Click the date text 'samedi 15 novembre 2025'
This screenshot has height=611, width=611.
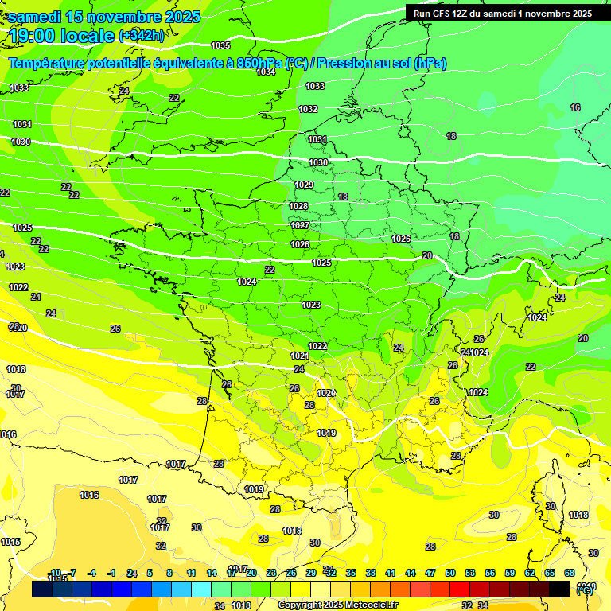pyautogui.click(x=105, y=17)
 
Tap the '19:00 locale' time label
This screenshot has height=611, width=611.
pyautogui.click(x=62, y=35)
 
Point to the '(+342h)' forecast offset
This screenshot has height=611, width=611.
pyautogui.click(x=142, y=36)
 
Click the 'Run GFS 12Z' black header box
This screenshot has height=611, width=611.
pyautogui.click(x=499, y=14)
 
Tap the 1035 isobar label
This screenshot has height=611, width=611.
pyautogui.click(x=220, y=45)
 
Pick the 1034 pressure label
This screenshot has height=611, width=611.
pyautogui.click(x=266, y=72)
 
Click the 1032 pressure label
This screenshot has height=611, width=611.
pyautogui.click(x=308, y=109)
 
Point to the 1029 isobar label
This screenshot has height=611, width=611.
pyautogui.click(x=304, y=185)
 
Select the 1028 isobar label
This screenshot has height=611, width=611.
pyautogui.click(x=298, y=206)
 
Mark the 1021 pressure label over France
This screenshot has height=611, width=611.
pyautogui.click(x=299, y=356)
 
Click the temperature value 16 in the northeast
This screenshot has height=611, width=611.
pyautogui.click(x=575, y=107)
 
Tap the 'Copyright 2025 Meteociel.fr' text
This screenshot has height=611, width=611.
pyautogui.click(x=338, y=605)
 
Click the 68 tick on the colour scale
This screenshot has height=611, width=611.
pyautogui.click(x=570, y=573)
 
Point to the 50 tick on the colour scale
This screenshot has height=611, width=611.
pyautogui.click(x=450, y=573)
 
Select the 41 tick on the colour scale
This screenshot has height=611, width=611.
pyautogui.click(x=391, y=573)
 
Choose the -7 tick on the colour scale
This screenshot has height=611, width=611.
pyautogui.click(x=71, y=573)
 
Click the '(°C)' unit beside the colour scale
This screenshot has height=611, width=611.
pyautogui.click(x=584, y=590)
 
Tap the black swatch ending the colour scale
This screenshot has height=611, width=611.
pyautogui.click(x=559, y=589)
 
